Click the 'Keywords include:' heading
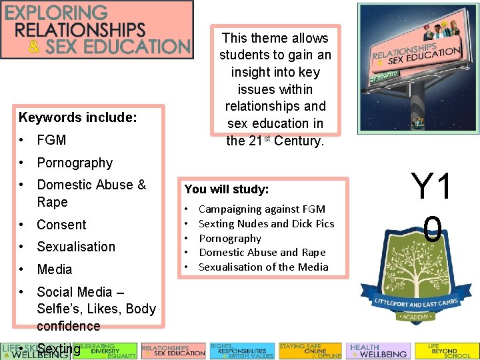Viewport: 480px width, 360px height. [x=78, y=118]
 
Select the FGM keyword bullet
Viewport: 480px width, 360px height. [x=51, y=141]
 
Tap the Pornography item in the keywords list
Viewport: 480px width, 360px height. [x=75, y=163]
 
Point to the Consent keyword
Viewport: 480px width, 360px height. [x=61, y=225]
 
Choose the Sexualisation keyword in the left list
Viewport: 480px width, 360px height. [x=76, y=247]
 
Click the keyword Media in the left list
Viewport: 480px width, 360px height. [x=54, y=269]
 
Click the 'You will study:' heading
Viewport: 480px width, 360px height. [x=227, y=189]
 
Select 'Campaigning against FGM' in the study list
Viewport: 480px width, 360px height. [x=262, y=209]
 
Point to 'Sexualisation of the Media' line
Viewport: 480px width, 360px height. [x=263, y=267]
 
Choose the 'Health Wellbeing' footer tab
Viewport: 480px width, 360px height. [x=378, y=351]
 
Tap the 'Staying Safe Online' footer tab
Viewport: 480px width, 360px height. [x=309, y=351]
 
